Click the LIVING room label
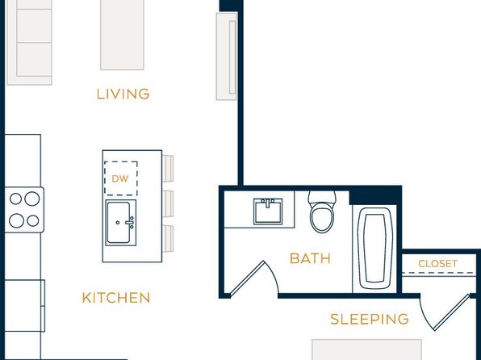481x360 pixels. pos(123,94)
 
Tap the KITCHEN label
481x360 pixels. pos(116,298)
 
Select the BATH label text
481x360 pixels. pos(310,258)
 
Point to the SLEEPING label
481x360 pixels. pos(370,319)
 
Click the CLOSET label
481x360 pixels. pos(437,264)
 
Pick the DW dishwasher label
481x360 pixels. pos(120,179)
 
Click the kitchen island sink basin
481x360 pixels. pos(119,223)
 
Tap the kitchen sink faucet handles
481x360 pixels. pos(131,222)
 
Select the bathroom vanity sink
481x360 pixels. pos(268,211)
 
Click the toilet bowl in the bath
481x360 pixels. pos(322,220)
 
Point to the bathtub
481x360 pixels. pos(374,249)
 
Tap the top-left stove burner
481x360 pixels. pos(15,199)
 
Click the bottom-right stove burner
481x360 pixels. pos(33,220)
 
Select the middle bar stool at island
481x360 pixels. pos(168,203)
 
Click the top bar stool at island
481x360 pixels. pos(168,168)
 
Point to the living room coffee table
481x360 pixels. pos(122,35)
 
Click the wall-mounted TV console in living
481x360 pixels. pos(227,57)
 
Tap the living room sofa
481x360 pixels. pos(29,42)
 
